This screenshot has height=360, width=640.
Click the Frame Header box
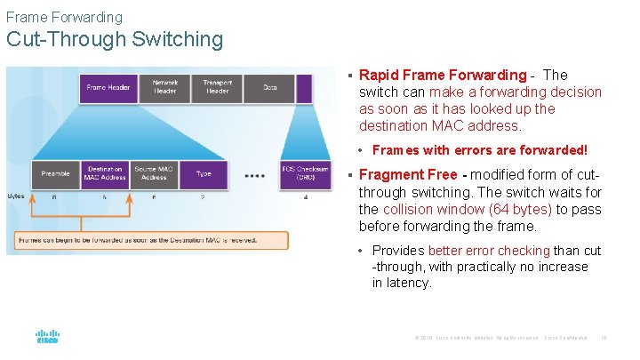(108, 87)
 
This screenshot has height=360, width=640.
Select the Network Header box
(165, 87)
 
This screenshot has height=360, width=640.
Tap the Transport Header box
(217, 87)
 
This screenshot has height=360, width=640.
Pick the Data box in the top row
(270, 87)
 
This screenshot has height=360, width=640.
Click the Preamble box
(56, 173)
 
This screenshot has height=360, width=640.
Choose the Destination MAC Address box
(105, 173)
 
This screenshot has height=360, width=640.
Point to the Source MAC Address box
(154, 173)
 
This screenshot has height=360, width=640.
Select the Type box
(204, 173)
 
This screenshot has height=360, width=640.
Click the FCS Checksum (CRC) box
(305, 173)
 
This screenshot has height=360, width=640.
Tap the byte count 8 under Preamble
(56, 196)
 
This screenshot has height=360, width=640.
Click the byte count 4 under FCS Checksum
(305, 196)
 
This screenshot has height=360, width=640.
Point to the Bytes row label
(16, 196)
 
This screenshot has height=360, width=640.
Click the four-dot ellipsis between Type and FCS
(254, 174)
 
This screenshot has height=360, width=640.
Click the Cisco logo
(47, 337)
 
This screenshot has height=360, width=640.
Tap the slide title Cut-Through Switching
(115, 39)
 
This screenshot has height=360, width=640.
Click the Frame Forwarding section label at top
(64, 17)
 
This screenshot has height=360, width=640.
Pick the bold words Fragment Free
(408, 175)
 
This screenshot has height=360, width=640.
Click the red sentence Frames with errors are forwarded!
(480, 151)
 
